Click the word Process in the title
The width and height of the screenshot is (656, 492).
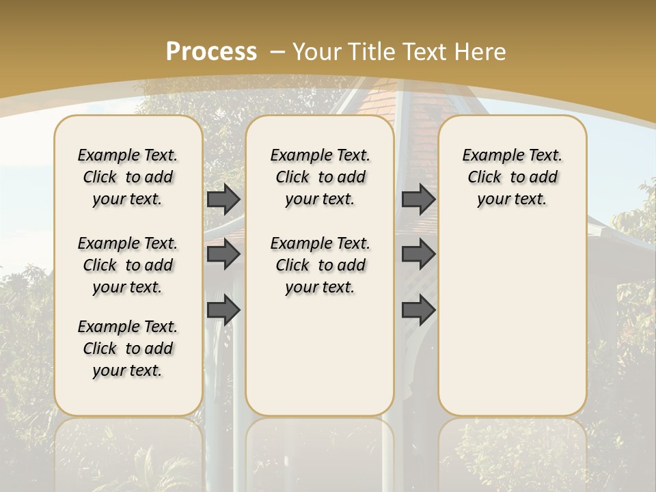211,51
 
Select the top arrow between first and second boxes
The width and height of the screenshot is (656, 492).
223,199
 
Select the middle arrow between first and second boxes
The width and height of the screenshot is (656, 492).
223,254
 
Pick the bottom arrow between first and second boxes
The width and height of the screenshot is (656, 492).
223,310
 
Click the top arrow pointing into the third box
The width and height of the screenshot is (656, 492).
418,199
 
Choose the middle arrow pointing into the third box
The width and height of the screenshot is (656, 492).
418,254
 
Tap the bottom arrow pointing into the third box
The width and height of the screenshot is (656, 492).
418,310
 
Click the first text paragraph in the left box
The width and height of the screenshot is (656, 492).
128,177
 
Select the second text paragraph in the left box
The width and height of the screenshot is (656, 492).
128,265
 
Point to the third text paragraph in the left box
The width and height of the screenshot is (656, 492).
128,348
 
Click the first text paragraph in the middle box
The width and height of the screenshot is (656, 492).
320,177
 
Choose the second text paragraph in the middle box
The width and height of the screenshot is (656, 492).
320,265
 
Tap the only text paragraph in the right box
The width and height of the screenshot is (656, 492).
512,177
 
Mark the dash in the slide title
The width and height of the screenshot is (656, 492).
278,51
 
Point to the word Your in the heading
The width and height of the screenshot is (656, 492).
314,51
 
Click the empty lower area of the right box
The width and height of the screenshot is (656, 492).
512,328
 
